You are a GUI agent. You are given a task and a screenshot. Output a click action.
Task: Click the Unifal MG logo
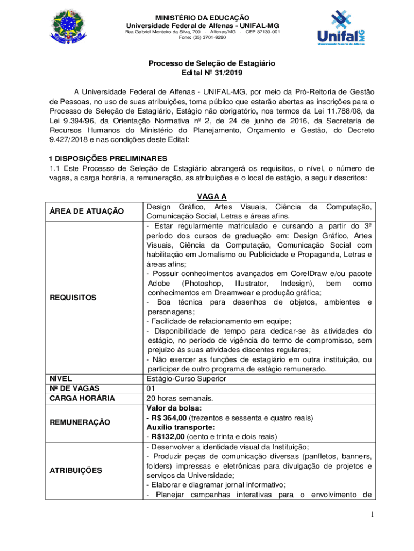tap(341, 27)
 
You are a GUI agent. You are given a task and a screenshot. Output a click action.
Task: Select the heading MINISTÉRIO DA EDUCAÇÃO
tap(202, 18)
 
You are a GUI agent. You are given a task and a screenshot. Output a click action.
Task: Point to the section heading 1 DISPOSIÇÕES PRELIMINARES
tap(108, 158)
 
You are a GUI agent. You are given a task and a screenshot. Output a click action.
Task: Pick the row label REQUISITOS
tap(73, 298)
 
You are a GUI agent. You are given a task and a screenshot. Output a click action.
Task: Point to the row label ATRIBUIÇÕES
tap(76, 470)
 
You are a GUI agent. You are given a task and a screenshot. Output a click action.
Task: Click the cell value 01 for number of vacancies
tap(151, 388)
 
